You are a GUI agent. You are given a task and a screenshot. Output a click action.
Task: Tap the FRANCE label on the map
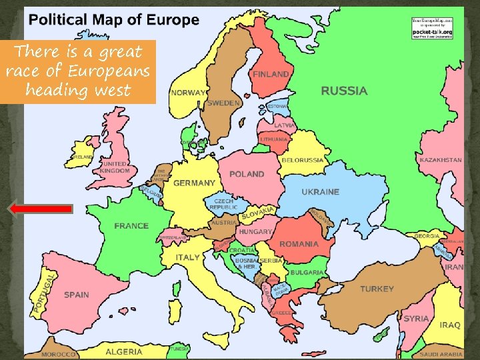pyautogui.click(x=131, y=226)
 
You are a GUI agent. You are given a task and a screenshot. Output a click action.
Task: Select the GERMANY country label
pyautogui.click(x=194, y=183)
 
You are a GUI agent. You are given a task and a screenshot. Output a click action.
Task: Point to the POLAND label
pyautogui.click(x=247, y=174)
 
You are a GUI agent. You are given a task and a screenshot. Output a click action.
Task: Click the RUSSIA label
pyautogui.click(x=344, y=91)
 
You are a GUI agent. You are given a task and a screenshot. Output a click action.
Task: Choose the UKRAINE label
pyautogui.click(x=321, y=192)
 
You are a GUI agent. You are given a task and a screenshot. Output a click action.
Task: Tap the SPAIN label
pyautogui.click(x=77, y=295)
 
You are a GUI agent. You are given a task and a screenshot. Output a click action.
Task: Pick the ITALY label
pyautogui.click(x=187, y=257)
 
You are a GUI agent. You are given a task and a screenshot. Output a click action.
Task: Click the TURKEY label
pyautogui.click(x=377, y=289)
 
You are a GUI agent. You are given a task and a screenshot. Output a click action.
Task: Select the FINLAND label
pyautogui.click(x=271, y=75)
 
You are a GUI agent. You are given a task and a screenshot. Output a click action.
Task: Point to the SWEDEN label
pyautogui.click(x=223, y=103)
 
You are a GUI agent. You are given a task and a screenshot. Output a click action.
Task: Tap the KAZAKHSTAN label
pyautogui.click(x=440, y=160)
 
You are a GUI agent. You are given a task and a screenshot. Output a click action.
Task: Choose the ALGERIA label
pyautogui.click(x=123, y=351)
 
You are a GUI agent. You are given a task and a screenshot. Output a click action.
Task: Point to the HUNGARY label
pyautogui.click(x=256, y=231)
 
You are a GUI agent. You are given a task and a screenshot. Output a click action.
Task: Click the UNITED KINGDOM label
pyautogui.click(x=115, y=167)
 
